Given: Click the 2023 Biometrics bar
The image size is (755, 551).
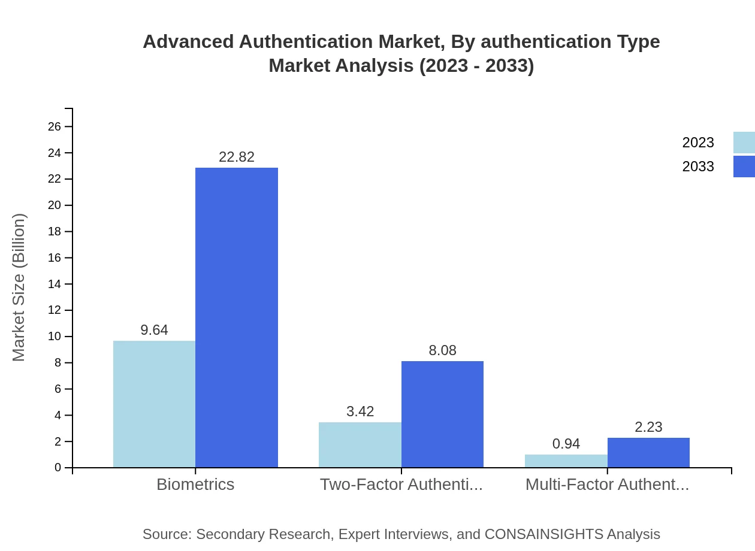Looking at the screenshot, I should tap(154, 404).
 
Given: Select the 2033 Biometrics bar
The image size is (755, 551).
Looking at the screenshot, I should tap(237, 317).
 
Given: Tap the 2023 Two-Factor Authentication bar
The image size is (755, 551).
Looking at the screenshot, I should tap(360, 445).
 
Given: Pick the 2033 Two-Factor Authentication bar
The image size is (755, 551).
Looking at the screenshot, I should tap(442, 414).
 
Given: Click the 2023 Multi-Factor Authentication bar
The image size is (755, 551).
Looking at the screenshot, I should tap(566, 461).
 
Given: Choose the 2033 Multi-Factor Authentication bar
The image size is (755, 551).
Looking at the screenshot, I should tap(648, 453).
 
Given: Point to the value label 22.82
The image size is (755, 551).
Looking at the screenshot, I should tap(237, 157).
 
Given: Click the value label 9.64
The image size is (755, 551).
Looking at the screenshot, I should tap(154, 330).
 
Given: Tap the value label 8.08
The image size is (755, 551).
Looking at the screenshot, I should tap(442, 350).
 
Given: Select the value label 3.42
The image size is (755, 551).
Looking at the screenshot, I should tap(360, 411).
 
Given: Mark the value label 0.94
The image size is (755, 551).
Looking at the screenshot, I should tap(566, 444).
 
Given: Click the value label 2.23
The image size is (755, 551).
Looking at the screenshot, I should tap(648, 427).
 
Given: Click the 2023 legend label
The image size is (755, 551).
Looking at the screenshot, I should tap(697, 143).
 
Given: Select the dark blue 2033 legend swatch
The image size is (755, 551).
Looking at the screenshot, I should tap(744, 166).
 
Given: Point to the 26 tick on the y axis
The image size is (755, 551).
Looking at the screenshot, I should tap(55, 126).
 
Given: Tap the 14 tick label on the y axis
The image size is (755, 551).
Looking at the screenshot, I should tap(55, 284).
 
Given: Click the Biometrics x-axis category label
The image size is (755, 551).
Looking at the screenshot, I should tap(195, 485).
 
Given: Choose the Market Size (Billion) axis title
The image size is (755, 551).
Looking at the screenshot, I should tap(19, 287).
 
